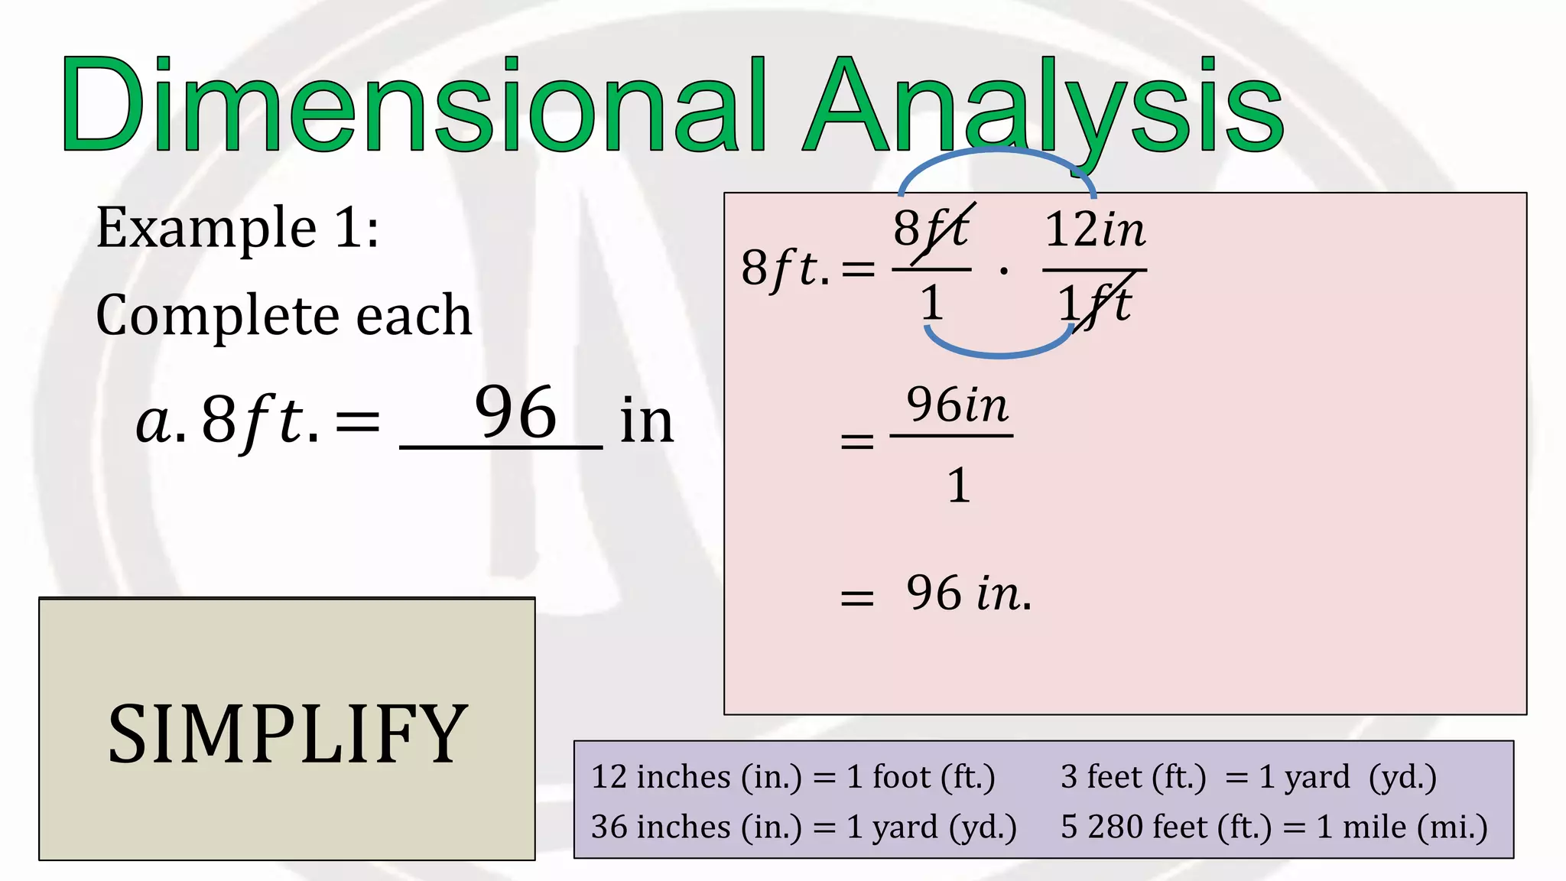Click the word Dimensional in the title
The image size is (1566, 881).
[413, 106]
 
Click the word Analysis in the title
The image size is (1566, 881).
[1044, 106]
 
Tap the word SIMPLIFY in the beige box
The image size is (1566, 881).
[288, 734]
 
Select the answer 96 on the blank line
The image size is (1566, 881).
[515, 413]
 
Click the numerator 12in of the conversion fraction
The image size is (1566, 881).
[1095, 229]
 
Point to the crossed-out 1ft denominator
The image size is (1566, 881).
[1095, 304]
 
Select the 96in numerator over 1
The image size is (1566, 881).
[957, 405]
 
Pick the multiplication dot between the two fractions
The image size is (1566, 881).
[1004, 271]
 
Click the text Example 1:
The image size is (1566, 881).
[237, 228]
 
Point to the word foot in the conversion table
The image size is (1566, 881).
[902, 777]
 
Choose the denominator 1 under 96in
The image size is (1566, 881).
[959, 486]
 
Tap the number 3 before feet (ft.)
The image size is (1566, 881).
[1069, 777]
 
